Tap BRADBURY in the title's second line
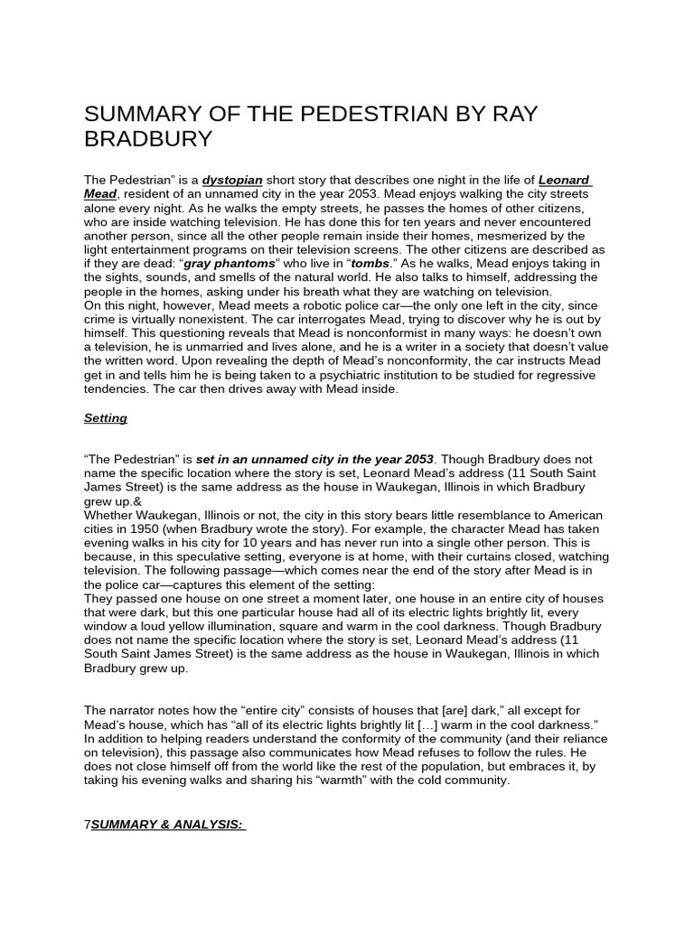pos(148,139)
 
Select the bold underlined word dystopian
pos(232,181)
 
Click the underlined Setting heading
pos(106,418)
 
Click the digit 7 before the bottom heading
pos(87,825)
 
